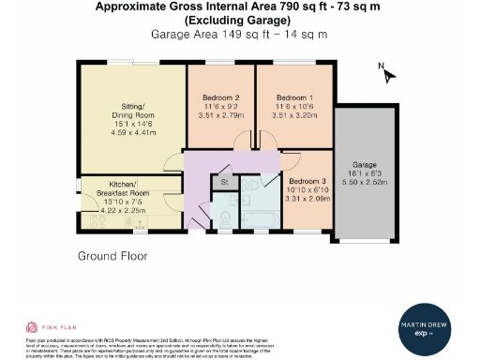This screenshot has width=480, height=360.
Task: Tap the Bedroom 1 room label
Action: click(x=293, y=97)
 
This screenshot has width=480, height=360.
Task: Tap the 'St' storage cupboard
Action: click(x=224, y=181)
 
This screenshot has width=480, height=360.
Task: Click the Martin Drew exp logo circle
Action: click(x=429, y=328)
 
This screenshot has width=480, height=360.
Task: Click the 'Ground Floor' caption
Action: click(x=112, y=255)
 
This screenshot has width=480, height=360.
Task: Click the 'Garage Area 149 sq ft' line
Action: click(x=239, y=34)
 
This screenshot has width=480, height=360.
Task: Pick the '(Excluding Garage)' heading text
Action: click(x=239, y=20)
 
